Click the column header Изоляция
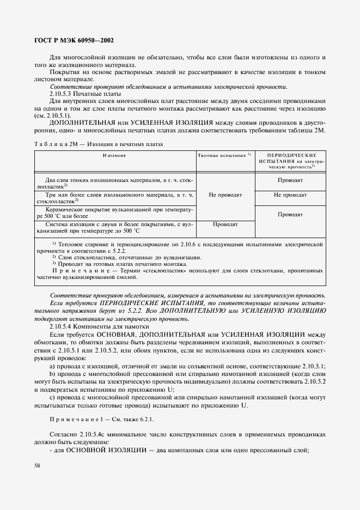click(114, 155)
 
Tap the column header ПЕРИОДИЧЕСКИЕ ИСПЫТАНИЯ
click(291, 160)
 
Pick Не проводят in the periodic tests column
click(290, 195)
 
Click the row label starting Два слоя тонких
click(115, 183)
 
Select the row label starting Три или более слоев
click(115, 197)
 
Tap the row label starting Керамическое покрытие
click(115, 212)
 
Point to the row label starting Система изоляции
click(115, 227)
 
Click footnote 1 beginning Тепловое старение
click(180, 247)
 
